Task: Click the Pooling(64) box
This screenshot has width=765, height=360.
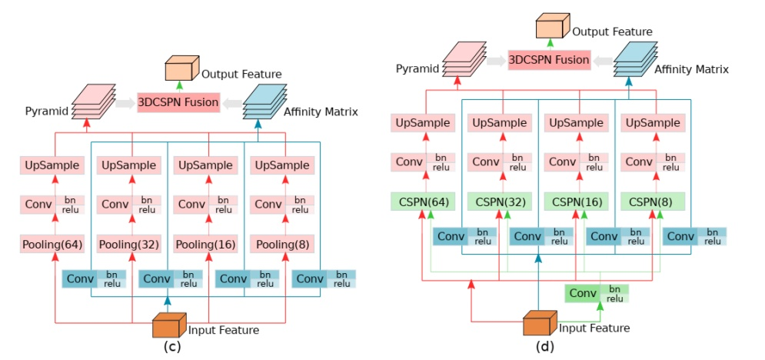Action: click(52, 245)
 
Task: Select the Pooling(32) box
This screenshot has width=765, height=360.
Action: click(128, 245)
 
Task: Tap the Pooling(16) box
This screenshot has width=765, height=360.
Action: click(205, 245)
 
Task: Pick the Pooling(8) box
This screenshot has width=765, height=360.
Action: click(281, 245)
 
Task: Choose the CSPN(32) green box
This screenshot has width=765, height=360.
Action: click(500, 202)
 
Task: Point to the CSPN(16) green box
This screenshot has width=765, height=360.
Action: click(576, 202)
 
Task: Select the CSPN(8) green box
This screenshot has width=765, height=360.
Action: click(653, 202)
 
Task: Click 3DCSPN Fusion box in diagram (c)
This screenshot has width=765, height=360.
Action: click(178, 102)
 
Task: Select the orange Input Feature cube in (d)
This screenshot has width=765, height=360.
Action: click(540, 323)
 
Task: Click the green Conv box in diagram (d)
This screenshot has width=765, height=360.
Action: click(584, 293)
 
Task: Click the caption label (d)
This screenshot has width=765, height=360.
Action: click(544, 346)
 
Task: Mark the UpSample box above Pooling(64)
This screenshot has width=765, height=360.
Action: click(52, 165)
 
